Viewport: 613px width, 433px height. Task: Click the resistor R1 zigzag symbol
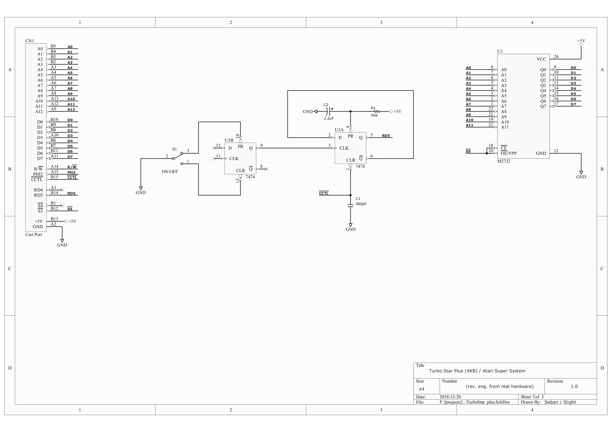(x=377, y=111)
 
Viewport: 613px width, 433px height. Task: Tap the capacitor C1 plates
(x=351, y=205)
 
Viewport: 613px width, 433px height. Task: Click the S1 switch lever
(x=178, y=156)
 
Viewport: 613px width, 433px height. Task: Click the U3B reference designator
(x=229, y=140)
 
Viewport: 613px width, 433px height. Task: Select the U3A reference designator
(x=339, y=130)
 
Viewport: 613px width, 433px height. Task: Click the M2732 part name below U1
(x=504, y=161)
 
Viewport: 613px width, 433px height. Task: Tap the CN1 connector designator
(x=30, y=41)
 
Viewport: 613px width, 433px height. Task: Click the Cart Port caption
(x=34, y=235)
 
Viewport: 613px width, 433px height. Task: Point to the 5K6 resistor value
(x=374, y=115)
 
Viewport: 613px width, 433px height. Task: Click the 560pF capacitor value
(x=361, y=204)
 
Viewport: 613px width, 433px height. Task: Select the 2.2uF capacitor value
(x=329, y=118)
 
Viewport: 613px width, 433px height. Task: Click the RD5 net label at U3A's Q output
(x=386, y=136)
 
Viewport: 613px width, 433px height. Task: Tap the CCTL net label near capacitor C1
(x=324, y=193)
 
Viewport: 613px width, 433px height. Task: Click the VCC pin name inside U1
(x=542, y=59)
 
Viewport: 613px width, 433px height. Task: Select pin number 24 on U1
(x=556, y=57)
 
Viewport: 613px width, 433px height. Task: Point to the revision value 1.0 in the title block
(x=574, y=386)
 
